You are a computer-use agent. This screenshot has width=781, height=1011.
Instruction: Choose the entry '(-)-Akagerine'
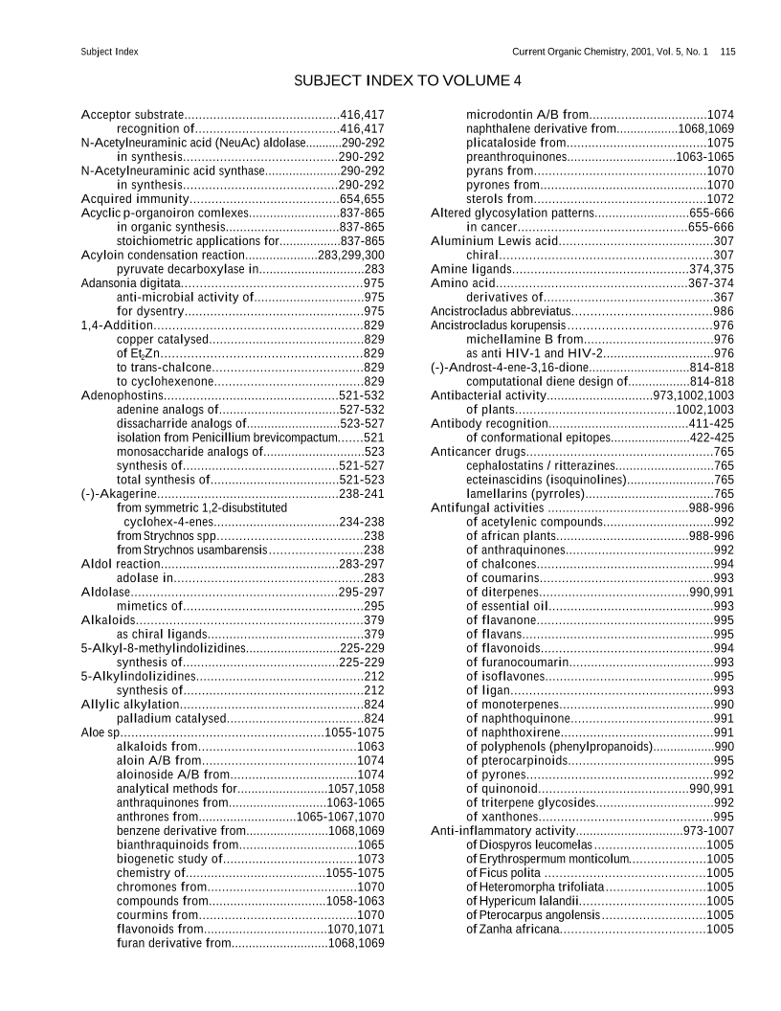pyautogui.click(x=119, y=493)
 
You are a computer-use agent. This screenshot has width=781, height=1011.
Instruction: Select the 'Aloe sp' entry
pyautogui.click(x=100, y=731)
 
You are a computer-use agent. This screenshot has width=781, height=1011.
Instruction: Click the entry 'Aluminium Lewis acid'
pyautogui.click(x=494, y=240)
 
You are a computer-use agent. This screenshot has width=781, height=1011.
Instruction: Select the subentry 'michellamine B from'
pyautogui.click(x=524, y=339)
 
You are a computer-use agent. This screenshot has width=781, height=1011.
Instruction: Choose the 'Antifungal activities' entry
pyautogui.click(x=487, y=507)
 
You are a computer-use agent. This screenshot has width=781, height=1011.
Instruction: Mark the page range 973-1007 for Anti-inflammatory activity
pyautogui.click(x=708, y=831)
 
